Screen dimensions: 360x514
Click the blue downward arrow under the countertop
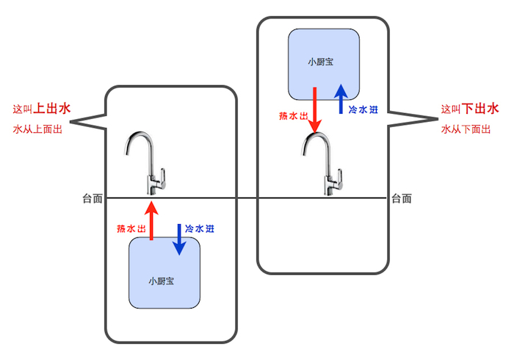click(177, 240)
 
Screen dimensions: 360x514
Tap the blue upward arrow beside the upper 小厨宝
click(341, 99)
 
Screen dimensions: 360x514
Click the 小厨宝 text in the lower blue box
click(164, 281)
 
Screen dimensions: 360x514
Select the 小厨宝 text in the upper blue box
click(321, 62)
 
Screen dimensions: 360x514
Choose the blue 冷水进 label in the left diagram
click(200, 228)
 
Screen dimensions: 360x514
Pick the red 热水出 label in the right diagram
click(292, 115)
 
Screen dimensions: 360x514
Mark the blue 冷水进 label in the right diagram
click(363, 110)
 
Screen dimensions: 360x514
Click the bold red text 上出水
click(53, 109)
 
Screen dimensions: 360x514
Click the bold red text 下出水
click(481, 109)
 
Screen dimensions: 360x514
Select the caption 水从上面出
click(37, 129)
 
